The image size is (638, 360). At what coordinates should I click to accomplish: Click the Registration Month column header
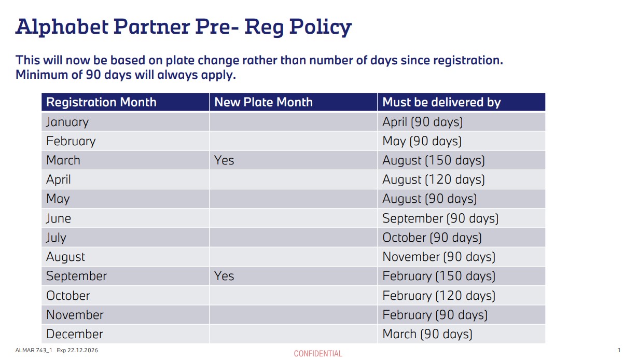[101, 102]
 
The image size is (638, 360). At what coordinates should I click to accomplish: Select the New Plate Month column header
[263, 102]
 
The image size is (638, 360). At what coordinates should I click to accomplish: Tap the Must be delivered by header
[441, 102]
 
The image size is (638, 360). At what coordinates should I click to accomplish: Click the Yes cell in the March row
[224, 160]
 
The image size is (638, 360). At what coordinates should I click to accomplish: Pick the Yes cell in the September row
[224, 276]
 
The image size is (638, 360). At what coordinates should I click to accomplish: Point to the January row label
[67, 122]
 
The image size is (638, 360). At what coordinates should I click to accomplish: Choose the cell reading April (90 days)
[422, 122]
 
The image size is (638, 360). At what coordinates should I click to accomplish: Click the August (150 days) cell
[433, 160]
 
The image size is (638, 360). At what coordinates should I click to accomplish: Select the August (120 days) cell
[433, 179]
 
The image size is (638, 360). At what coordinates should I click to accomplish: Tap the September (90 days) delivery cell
[440, 218]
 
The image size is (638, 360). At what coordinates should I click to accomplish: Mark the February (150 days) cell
[438, 276]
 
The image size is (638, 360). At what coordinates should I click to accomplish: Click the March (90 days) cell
[427, 334]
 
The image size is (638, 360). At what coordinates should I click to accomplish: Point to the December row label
[75, 334]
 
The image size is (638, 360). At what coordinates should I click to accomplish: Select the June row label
[59, 218]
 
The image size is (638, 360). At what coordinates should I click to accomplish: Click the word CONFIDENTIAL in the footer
[318, 354]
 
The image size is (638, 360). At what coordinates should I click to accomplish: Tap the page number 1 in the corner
[619, 350]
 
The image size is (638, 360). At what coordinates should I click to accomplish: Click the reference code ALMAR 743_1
[34, 350]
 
